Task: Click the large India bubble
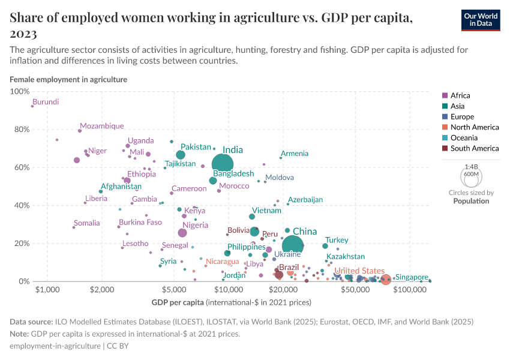point(223,163)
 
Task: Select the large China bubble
point(293,245)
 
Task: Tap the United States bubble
point(385,279)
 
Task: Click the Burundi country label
point(46,102)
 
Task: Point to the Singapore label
point(412,277)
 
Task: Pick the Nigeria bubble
point(183,233)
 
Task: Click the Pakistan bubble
point(181,155)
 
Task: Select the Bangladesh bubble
point(213,181)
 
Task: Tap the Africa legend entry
point(460,95)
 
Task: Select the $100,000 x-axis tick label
point(410,289)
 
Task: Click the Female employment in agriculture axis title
point(68,79)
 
